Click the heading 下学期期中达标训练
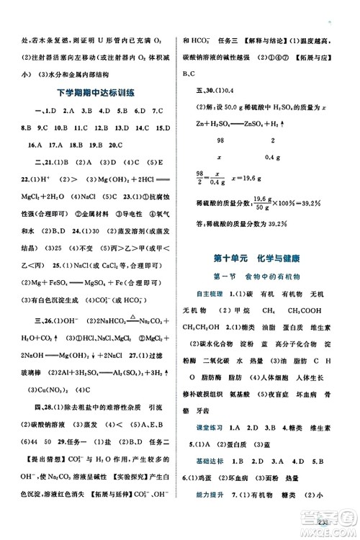point(96,91)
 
